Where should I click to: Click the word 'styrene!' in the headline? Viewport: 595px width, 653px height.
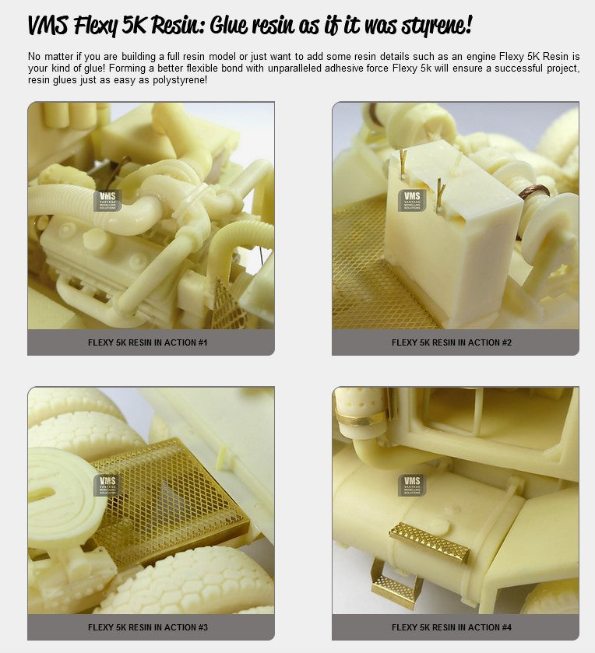tap(436, 26)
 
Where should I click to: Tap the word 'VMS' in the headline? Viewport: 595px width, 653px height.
tap(48, 24)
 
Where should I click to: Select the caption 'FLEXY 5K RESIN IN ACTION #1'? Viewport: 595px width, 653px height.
tap(147, 342)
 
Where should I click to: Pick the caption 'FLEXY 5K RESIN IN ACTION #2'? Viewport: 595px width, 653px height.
tap(452, 342)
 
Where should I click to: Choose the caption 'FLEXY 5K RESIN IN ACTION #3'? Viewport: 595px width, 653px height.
tap(147, 627)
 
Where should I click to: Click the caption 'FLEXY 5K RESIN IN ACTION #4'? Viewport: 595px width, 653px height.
tap(452, 627)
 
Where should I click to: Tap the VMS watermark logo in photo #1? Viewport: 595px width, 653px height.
tap(107, 200)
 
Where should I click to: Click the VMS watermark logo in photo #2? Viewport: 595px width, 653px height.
tap(412, 200)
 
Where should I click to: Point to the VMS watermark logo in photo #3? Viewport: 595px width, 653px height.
tap(107, 485)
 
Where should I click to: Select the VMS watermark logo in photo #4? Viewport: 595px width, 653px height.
tap(412, 485)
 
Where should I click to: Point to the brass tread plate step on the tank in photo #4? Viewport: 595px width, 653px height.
tap(429, 542)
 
